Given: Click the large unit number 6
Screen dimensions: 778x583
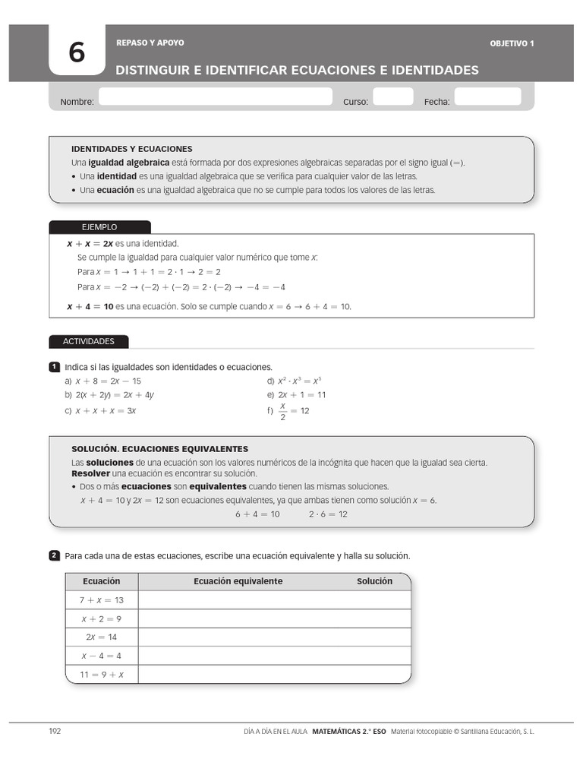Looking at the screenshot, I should pyautogui.click(x=77, y=52).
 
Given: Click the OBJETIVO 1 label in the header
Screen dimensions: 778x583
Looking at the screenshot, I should pyautogui.click(x=512, y=43).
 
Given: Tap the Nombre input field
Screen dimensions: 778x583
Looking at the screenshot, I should pyautogui.click(x=216, y=97).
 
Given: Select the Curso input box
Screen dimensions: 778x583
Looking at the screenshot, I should pyautogui.click(x=392, y=97).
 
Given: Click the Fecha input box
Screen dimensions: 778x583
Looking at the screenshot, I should pyautogui.click(x=487, y=97).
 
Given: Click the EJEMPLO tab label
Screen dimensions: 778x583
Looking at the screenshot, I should pyautogui.click(x=99, y=227).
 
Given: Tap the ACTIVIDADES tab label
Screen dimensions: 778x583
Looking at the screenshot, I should pyautogui.click(x=88, y=342).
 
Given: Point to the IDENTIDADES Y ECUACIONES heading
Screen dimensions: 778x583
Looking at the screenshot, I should pyautogui.click(x=131, y=149).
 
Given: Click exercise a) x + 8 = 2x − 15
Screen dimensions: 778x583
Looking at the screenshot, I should pyautogui.click(x=103, y=381).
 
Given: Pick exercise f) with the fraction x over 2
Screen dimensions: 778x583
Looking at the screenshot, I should pyautogui.click(x=288, y=411).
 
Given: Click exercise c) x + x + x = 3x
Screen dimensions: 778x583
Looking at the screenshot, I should pyautogui.click(x=100, y=411).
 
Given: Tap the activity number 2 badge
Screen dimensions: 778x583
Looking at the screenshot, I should pyautogui.click(x=54, y=556).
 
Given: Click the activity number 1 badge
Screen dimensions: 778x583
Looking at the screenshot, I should pyautogui.click(x=54, y=368).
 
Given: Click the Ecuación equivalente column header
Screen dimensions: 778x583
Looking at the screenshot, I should pyautogui.click(x=238, y=581).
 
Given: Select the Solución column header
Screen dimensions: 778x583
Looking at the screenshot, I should pyautogui.click(x=374, y=581).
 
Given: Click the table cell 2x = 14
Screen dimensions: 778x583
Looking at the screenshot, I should pyautogui.click(x=102, y=637).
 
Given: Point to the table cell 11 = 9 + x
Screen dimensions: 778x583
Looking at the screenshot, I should pyautogui.click(x=102, y=675).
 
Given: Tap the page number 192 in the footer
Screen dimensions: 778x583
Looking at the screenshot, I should pyautogui.click(x=55, y=731).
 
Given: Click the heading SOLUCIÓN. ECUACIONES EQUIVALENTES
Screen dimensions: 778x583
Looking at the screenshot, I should pyautogui.click(x=159, y=449).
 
